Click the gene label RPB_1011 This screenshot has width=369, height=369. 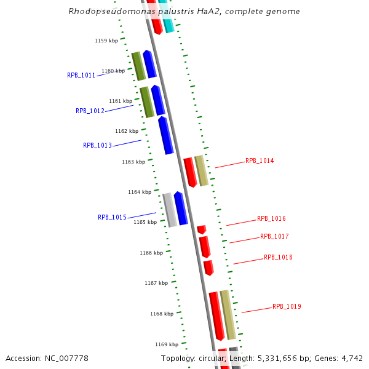[81, 75]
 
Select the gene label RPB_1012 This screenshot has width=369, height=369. [90, 111]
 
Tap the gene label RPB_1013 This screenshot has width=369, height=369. [97, 146]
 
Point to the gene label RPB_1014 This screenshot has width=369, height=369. [260, 161]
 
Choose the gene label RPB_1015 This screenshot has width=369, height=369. [112, 218]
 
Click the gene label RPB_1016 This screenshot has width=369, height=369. [271, 219]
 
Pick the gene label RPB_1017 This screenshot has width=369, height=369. [274, 237]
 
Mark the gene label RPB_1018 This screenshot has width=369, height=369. [278, 258]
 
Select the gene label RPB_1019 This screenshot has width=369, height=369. [287, 307]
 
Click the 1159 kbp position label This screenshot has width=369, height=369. [106, 41]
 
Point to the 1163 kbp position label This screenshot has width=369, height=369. [133, 162]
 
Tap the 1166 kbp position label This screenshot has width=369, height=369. [151, 253]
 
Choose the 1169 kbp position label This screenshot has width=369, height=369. [167, 345]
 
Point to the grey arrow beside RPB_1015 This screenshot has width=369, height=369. [170, 210]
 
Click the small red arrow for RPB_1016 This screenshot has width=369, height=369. [201, 229]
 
